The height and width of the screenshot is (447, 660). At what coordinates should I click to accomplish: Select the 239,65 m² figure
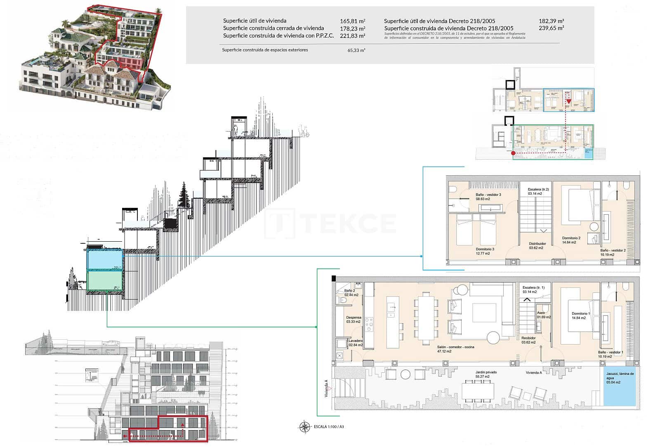click(551, 28)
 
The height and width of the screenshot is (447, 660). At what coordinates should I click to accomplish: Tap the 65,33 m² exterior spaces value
click(356, 50)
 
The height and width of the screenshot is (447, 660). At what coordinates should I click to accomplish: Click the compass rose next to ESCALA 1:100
click(304, 427)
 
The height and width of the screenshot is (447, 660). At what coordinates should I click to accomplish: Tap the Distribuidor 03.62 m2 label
click(537, 246)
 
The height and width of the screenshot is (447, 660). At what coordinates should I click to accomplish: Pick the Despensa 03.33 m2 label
click(353, 320)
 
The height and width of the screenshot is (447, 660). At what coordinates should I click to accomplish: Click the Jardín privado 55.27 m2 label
click(486, 374)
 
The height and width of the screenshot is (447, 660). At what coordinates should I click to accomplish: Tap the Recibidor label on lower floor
click(528, 340)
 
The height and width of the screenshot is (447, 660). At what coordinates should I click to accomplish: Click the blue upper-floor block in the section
click(104, 260)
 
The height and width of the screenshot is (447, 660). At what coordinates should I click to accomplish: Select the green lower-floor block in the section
click(104, 280)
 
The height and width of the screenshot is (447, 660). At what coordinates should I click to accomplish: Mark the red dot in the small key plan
click(513, 153)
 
